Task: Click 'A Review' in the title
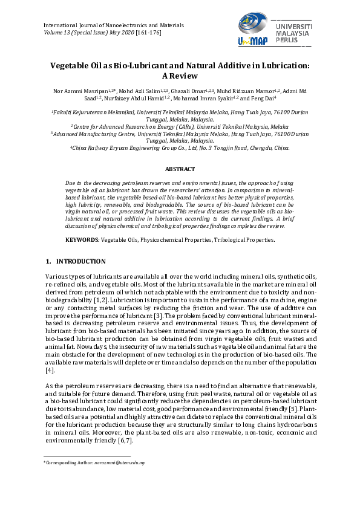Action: [x=180, y=77]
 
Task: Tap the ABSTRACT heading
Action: [x=180, y=169]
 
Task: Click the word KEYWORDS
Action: [x=82, y=240]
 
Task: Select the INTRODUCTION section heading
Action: [x=80, y=262]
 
